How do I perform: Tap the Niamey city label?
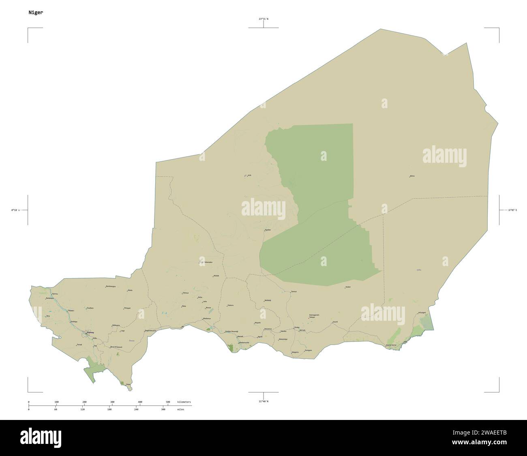[x=90, y=332]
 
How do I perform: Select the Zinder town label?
[x=297, y=327]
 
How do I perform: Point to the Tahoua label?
[x=186, y=293]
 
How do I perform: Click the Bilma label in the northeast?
[x=412, y=176]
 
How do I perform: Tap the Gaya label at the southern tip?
[x=128, y=384]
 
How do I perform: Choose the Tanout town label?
[x=294, y=292]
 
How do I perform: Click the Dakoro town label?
[x=230, y=305]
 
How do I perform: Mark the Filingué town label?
[x=127, y=308]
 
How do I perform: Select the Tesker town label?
[x=348, y=287]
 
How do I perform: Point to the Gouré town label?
[x=335, y=322]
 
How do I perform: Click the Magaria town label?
[x=295, y=352]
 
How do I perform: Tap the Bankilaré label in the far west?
[x=50, y=298]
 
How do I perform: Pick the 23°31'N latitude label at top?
[x=263, y=19]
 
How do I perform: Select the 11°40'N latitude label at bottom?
[x=263, y=401]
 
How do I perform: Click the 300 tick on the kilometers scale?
[x=112, y=402]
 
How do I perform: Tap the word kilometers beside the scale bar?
[x=184, y=402]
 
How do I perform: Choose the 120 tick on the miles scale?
[x=82, y=410]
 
